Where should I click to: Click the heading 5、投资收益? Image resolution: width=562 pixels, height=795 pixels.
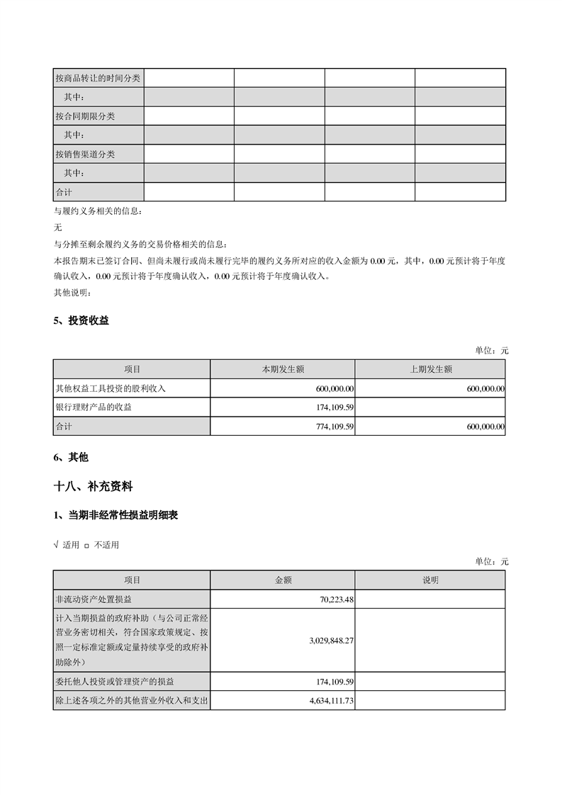[x=82, y=321]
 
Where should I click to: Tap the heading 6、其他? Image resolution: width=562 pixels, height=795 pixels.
[x=71, y=458]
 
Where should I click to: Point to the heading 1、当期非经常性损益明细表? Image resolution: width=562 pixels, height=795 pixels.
[x=116, y=516]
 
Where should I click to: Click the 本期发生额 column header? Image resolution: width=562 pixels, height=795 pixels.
[x=283, y=369]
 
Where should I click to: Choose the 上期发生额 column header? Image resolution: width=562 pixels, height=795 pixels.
[x=430, y=369]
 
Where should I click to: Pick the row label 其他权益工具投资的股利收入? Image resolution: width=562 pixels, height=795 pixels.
[x=111, y=388]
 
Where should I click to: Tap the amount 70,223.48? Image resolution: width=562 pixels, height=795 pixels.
[x=337, y=599]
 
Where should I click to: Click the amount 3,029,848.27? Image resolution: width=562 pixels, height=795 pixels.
[x=332, y=640]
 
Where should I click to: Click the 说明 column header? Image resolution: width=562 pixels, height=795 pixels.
[x=430, y=580]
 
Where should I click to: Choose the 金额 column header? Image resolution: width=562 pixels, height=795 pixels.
[x=283, y=580]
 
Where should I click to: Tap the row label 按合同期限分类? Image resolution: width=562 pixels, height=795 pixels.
[x=85, y=116]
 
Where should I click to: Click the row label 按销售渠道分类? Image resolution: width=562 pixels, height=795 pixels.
[x=85, y=154]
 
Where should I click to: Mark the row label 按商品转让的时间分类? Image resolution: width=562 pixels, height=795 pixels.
[x=98, y=78]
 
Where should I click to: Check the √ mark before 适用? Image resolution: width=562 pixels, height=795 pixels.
[x=56, y=545]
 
